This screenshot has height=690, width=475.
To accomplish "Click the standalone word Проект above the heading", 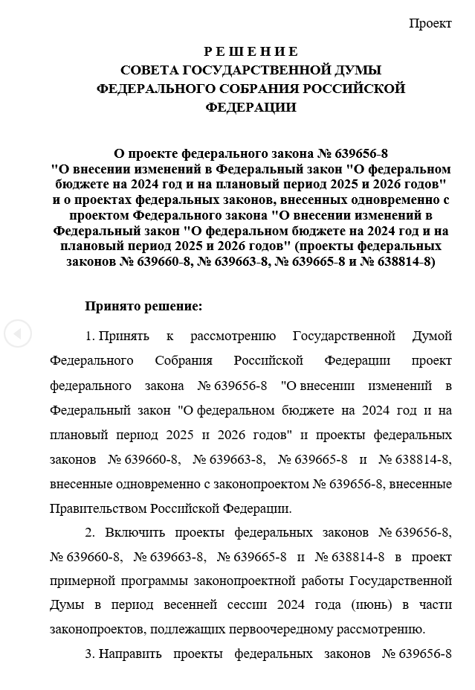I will tap(430, 23).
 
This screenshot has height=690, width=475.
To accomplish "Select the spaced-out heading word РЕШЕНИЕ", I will tap(251, 51).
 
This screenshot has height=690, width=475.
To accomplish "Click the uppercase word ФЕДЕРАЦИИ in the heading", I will tap(251, 107).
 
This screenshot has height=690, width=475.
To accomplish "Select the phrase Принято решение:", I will tap(143, 305).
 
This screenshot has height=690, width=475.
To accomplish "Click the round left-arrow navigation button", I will tap(18, 333).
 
